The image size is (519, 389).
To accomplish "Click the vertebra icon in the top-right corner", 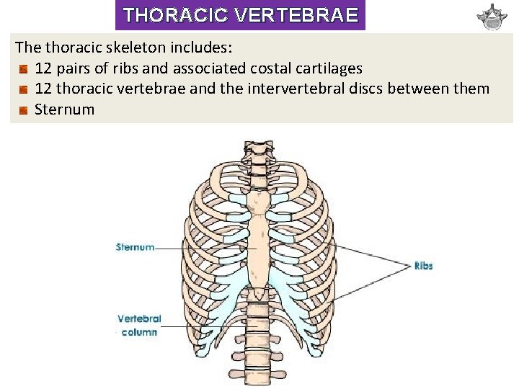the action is click(492, 17).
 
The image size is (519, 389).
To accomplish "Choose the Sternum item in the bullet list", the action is click(64, 109).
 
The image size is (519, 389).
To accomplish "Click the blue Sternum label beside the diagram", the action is click(135, 247).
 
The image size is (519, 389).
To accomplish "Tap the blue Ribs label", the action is click(423, 266).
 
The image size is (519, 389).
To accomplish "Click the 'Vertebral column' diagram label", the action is click(139, 325).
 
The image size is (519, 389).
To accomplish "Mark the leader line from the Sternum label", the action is click(202, 249).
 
